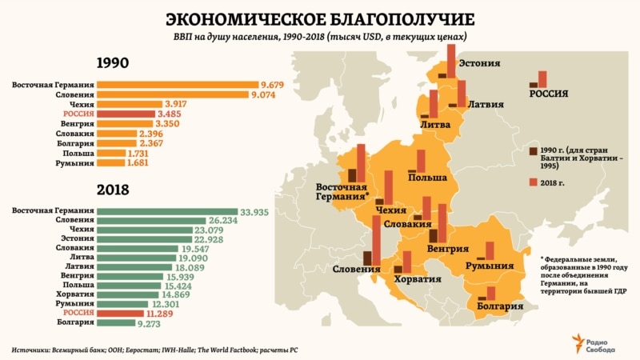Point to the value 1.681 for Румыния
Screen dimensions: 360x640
click(x=138, y=162)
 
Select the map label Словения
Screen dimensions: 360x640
click(x=356, y=269)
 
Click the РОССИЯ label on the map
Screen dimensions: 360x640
click(x=549, y=93)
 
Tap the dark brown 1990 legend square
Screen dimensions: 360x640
click(x=534, y=150)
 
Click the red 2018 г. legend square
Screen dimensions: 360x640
click(x=534, y=183)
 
